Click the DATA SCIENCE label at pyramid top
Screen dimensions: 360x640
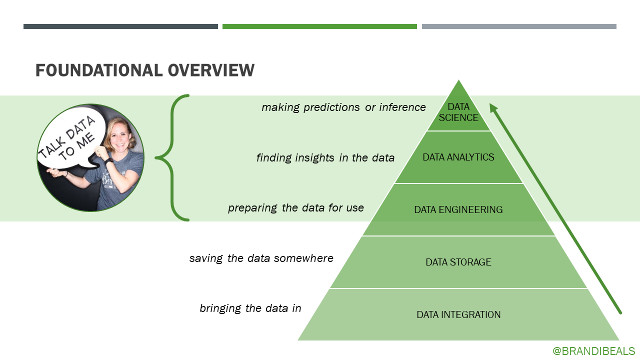pos(458,112)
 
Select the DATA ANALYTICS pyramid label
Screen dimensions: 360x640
pos(458,157)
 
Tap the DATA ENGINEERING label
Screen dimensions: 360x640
pos(458,210)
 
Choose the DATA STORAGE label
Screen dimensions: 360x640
pos(458,262)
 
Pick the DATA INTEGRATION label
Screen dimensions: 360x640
pos(458,314)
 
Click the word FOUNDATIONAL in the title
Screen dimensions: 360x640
pos(98,70)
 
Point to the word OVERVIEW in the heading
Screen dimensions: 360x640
pos(211,70)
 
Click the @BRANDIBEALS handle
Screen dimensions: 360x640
pos(593,351)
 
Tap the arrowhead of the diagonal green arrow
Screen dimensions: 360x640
pos(493,107)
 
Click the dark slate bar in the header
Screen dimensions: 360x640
pos(120,26)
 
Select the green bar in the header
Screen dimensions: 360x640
pos(319,26)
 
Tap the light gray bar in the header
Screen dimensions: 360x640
pos(519,26)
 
